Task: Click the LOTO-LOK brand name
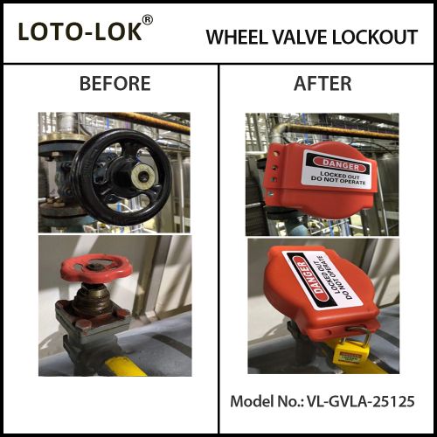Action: [80, 31]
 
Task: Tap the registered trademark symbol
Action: [148, 20]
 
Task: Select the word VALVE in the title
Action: [299, 37]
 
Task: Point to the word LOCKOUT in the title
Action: [375, 37]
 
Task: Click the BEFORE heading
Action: [115, 84]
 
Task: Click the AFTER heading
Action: [323, 84]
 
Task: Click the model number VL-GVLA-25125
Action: [361, 401]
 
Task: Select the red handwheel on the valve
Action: [96, 268]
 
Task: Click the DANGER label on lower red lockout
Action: [323, 281]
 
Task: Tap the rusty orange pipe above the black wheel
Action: [146, 121]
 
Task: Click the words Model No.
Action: [267, 401]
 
